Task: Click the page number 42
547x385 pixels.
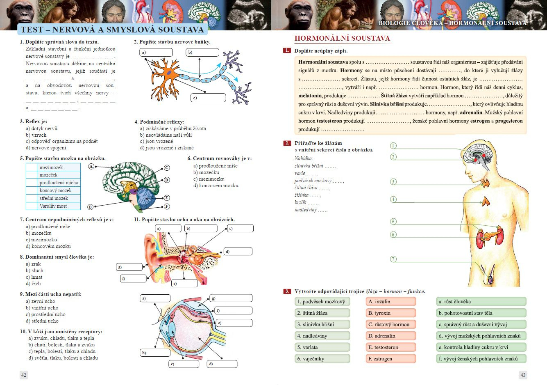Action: coord(24,374)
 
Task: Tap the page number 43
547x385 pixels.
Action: coord(522,374)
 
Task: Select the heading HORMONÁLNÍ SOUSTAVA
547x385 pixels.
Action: coord(342,39)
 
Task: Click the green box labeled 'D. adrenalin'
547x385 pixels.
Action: coord(390,336)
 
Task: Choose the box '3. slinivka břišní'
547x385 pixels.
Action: coord(322,324)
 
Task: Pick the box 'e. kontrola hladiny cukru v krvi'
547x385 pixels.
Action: coord(481,347)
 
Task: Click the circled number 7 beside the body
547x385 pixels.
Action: coord(393,259)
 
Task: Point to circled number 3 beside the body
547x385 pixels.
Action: coord(393,181)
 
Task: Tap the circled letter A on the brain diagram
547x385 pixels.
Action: coord(91,166)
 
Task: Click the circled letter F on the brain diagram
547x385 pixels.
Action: coord(167,206)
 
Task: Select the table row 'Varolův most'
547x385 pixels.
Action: coord(53,206)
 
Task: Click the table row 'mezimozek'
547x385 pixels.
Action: coord(53,167)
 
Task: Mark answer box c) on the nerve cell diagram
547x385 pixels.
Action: coord(208,98)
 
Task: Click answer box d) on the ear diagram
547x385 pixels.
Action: coord(238,251)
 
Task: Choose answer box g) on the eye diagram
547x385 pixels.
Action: coord(231,298)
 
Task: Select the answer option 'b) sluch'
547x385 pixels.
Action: coord(34,270)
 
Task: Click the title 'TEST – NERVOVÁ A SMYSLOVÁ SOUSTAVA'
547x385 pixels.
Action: coord(112,30)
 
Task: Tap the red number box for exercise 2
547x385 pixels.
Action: coord(287,143)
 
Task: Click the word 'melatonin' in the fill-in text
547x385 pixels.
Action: coord(310,96)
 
